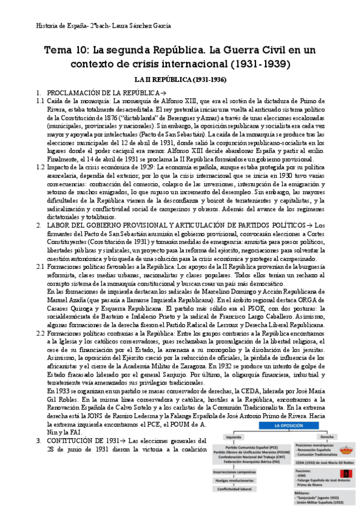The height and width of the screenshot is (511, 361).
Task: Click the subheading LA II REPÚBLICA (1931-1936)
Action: tap(180, 80)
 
